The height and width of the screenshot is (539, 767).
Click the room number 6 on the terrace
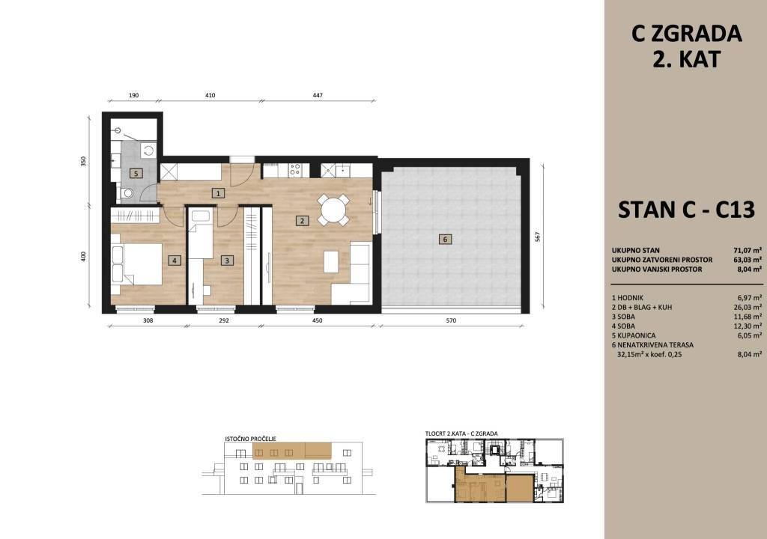(445, 239)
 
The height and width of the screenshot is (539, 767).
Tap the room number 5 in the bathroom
(136, 173)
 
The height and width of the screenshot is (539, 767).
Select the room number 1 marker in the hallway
(218, 193)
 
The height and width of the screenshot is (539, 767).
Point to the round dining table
(333, 210)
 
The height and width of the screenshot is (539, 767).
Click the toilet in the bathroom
(126, 193)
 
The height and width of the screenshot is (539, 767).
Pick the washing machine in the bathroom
(148, 150)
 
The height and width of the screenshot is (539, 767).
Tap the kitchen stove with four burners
(295, 170)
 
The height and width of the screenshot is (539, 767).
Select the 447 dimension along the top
(318, 95)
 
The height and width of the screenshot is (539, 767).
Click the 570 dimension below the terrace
(451, 321)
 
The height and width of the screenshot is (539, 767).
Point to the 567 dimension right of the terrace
(538, 237)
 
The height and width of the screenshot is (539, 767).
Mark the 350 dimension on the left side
(83, 162)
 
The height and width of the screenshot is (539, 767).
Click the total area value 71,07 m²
(748, 251)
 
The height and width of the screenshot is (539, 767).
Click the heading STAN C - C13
(687, 210)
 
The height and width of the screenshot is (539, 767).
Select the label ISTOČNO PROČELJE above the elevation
(250, 439)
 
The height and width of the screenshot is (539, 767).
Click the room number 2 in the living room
(303, 221)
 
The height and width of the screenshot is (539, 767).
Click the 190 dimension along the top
(133, 95)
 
